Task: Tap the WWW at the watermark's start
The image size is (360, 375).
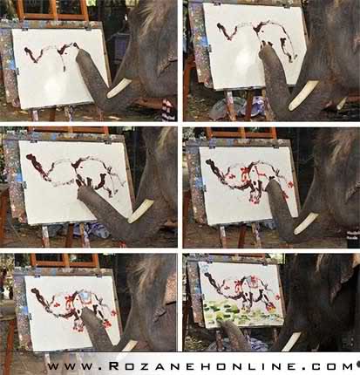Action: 71,366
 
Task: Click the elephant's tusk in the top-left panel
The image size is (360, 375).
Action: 119,88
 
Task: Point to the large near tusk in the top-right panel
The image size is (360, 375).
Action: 302,96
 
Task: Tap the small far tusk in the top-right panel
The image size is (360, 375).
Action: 342,103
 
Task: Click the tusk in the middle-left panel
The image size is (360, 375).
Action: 140,211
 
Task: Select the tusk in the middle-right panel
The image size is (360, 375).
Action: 306,223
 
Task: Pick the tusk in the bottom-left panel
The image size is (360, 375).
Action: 130,345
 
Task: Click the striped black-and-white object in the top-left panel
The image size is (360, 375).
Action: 169,110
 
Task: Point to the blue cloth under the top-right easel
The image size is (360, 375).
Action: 255,105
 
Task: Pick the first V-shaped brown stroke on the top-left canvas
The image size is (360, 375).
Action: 34,55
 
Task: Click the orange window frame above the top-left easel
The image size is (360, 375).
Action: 52,10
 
